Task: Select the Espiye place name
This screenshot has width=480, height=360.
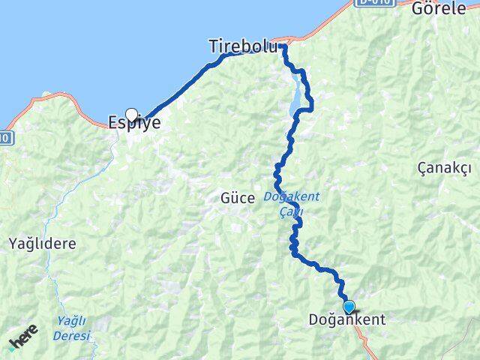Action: (135, 123)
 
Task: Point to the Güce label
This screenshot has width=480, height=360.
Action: (238, 199)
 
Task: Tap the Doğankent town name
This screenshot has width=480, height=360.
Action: (347, 319)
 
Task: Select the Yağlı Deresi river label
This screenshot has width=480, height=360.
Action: (72, 328)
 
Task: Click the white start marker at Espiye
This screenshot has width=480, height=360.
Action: (132, 115)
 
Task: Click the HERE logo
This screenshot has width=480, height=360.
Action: (22, 340)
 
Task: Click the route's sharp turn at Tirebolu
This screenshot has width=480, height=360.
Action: (283, 46)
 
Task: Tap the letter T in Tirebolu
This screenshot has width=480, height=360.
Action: (214, 46)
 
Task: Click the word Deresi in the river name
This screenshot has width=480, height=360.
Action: (72, 335)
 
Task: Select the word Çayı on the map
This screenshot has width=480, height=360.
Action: (291, 212)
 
